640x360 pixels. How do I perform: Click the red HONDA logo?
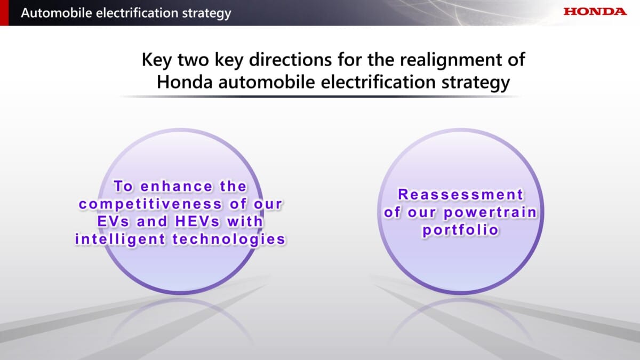point(595,11)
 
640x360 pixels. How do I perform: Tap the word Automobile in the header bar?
point(57,13)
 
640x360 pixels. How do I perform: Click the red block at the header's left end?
point(4,13)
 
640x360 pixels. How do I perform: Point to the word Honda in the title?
point(185,82)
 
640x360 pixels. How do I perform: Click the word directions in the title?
point(290,60)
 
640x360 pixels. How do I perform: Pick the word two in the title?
point(193,60)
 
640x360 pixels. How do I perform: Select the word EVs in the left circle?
point(113,222)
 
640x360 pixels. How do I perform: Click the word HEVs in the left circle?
point(197,222)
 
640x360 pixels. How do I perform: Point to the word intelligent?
point(120,239)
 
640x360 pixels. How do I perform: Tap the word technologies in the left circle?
point(229,239)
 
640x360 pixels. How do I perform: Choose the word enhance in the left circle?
point(177,187)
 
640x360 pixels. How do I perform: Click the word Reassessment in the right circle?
point(461,195)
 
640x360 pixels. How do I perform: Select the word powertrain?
point(491,213)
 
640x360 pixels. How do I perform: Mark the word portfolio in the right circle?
point(461,230)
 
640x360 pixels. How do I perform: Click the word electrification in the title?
point(378,82)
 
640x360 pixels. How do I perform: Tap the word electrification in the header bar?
point(135,13)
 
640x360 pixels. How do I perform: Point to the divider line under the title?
point(320,97)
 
